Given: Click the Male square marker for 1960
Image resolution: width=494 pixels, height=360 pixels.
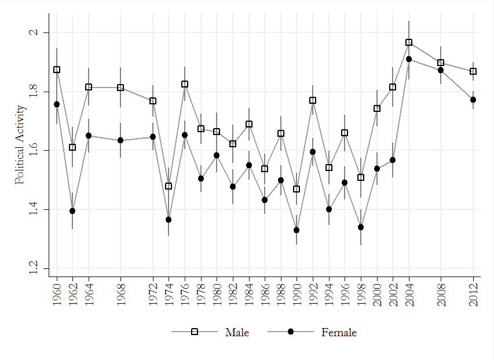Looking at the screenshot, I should pyautogui.click(x=57, y=70).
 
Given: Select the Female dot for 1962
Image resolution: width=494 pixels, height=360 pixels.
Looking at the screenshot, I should pyautogui.click(x=72, y=211).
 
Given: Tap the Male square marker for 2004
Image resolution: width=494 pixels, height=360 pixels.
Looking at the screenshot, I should pyautogui.click(x=409, y=42).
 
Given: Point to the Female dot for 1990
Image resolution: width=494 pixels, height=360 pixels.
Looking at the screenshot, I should pyautogui.click(x=297, y=230).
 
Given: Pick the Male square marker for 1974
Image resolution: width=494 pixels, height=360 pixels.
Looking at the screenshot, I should pyautogui.click(x=169, y=186).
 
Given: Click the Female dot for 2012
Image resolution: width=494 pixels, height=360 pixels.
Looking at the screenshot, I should pyautogui.click(x=473, y=100).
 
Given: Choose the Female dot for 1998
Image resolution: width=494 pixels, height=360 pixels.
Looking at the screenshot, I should pyautogui.click(x=361, y=227).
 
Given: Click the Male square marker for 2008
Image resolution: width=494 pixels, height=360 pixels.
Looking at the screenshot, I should pyautogui.click(x=441, y=63).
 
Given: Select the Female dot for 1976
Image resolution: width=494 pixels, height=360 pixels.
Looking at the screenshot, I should pyautogui.click(x=185, y=135).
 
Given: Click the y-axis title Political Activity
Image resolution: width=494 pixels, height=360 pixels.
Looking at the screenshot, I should pyautogui.click(x=20, y=144).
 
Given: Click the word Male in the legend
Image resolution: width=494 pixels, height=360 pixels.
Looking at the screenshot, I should pyautogui.click(x=237, y=332).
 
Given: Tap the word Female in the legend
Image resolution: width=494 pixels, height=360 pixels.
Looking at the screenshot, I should pyautogui.click(x=339, y=332).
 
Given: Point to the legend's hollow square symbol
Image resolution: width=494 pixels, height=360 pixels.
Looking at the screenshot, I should pyautogui.click(x=195, y=332).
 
